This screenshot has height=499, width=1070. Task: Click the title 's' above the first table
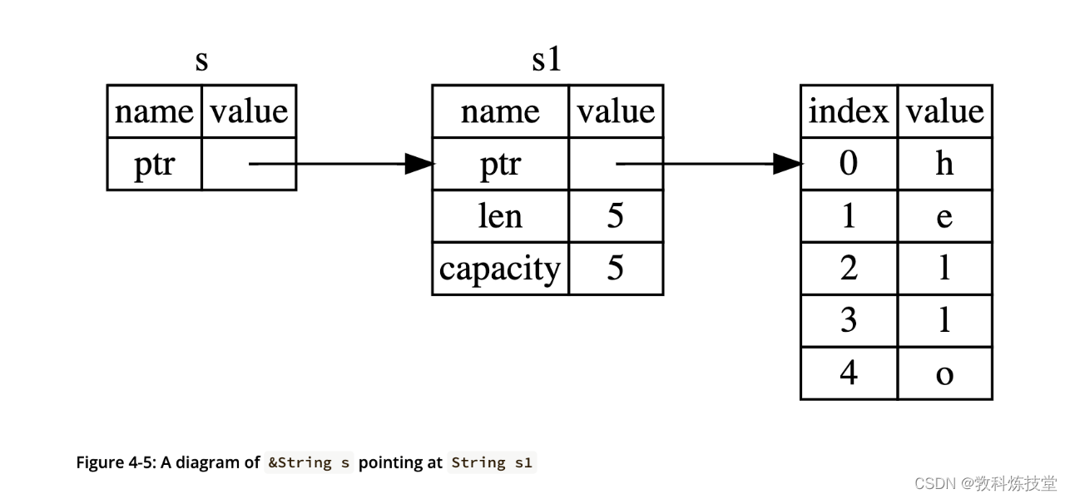click(x=201, y=61)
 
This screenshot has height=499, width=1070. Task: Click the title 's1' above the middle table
click(x=547, y=61)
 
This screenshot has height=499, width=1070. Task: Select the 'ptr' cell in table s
click(x=155, y=165)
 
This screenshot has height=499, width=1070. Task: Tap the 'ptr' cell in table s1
click(x=501, y=165)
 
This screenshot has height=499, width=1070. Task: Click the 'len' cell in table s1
click(x=501, y=216)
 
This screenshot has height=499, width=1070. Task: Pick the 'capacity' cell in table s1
click(x=501, y=269)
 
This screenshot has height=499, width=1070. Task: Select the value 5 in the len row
click(x=616, y=216)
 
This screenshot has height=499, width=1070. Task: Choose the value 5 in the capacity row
click(x=616, y=269)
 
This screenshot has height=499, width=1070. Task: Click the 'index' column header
click(x=849, y=111)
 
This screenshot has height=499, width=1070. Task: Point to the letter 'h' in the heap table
click(x=944, y=164)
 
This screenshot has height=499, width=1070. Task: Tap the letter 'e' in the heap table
click(x=944, y=216)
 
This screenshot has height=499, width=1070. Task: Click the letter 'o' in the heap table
click(x=944, y=373)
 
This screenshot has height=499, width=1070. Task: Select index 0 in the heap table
click(x=849, y=164)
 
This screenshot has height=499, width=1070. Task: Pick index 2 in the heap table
click(x=849, y=269)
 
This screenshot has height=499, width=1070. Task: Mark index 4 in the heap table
click(x=849, y=373)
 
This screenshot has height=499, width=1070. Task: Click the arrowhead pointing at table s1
click(x=419, y=165)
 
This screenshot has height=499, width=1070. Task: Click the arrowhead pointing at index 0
click(x=787, y=165)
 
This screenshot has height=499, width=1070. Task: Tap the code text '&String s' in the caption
click(x=309, y=462)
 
